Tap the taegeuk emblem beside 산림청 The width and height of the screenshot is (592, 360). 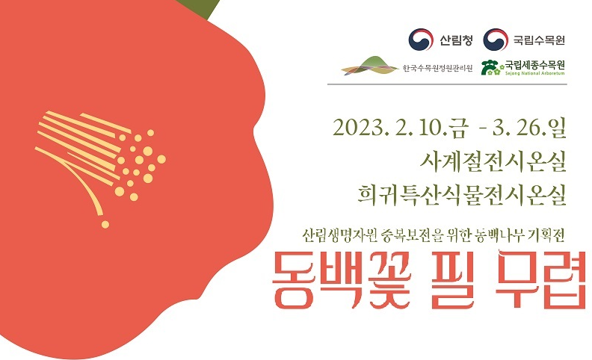[x=421, y=39]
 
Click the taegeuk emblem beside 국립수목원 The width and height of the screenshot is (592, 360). [x=496, y=39]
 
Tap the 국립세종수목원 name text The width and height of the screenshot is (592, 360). [x=535, y=65]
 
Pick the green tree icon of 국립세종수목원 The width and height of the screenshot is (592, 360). [x=491, y=68]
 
